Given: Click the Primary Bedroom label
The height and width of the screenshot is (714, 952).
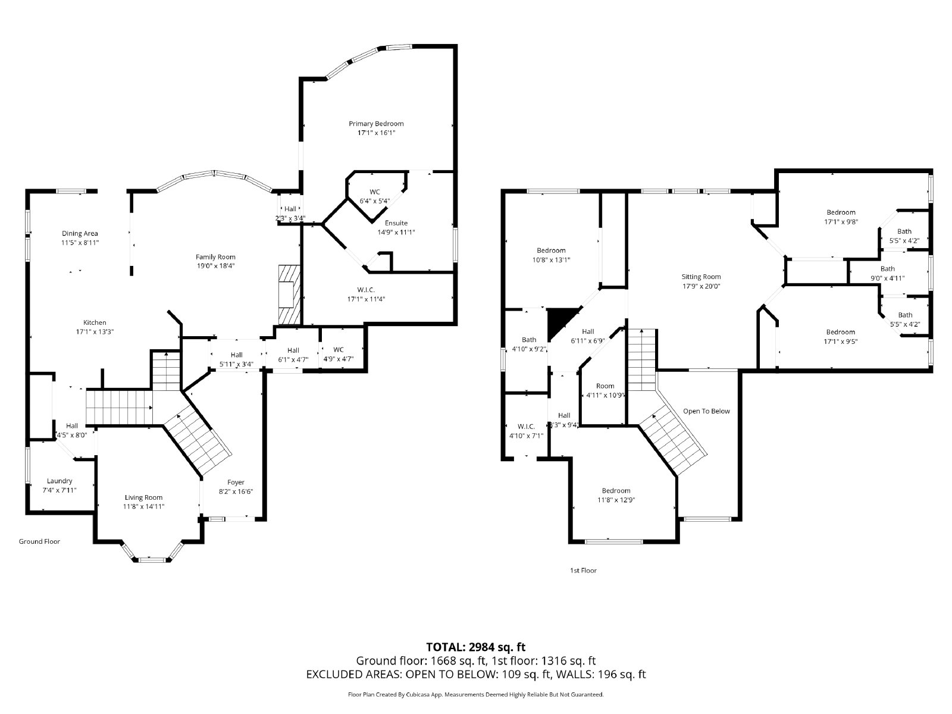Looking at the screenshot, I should (x=376, y=124).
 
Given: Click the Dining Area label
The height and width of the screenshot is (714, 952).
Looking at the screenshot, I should (x=80, y=233).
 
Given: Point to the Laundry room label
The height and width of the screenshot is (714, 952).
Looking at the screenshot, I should (x=59, y=481).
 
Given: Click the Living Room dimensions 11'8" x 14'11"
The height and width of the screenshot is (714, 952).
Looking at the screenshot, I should (x=143, y=506).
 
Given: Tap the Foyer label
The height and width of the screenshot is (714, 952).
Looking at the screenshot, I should (x=236, y=482).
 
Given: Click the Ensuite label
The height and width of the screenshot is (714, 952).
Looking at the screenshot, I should (x=396, y=223).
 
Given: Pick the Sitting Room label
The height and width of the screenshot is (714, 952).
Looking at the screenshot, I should (x=701, y=277).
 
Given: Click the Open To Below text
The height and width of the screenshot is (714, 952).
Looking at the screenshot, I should (x=706, y=411).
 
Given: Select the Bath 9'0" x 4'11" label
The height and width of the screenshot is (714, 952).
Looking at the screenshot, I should (x=887, y=269).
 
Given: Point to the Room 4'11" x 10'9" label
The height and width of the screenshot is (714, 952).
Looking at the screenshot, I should (x=605, y=386).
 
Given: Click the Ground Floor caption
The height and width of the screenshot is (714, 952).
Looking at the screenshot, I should (x=39, y=541).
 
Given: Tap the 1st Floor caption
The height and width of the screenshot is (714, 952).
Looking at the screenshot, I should (x=583, y=571).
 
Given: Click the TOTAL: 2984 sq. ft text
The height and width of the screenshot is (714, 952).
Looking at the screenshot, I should (x=475, y=647).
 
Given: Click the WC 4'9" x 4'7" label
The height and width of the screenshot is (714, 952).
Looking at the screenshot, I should (x=339, y=350).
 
